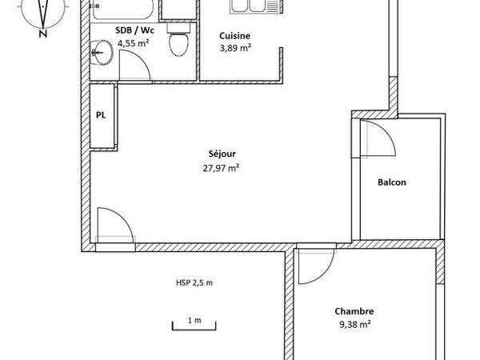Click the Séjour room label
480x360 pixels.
(x=222, y=154)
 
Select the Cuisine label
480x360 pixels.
(x=235, y=35)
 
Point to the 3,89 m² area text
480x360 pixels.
(x=235, y=48)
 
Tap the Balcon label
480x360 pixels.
(x=392, y=182)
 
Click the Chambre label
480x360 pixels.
(x=354, y=311)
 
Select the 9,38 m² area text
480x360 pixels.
(x=354, y=324)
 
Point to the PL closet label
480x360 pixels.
(x=102, y=115)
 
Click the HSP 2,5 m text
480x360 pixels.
(x=194, y=282)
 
